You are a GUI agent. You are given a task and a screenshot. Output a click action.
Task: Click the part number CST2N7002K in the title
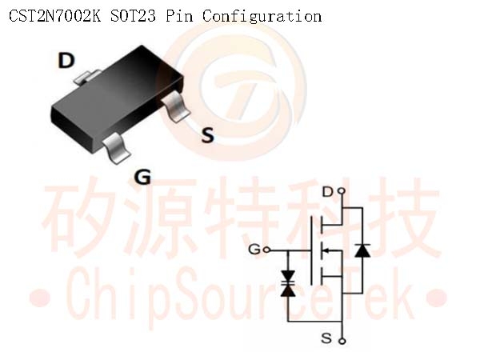[x=54, y=16]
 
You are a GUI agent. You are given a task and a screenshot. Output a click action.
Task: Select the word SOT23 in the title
[x=133, y=16]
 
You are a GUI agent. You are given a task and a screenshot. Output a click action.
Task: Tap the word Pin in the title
[x=180, y=16]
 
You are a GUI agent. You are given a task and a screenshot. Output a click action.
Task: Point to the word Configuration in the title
[x=262, y=17]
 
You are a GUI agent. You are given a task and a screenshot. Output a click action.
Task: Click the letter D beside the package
[x=66, y=60]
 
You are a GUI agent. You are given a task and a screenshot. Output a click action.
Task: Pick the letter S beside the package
[x=208, y=135]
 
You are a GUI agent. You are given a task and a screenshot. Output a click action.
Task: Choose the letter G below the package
[x=142, y=177]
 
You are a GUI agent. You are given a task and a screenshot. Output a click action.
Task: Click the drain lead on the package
[x=86, y=77]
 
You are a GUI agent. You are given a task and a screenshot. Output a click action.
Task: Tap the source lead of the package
[x=175, y=107]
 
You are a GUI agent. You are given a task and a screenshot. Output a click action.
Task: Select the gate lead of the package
[x=117, y=149]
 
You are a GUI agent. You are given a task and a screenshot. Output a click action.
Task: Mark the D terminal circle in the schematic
[x=342, y=192]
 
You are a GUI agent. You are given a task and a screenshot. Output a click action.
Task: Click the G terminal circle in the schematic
[x=266, y=250]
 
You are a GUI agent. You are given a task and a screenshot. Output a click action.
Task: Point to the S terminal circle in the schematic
[x=343, y=341]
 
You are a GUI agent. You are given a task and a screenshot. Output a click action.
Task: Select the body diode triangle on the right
[x=362, y=250]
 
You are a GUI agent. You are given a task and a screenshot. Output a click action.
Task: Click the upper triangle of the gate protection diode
[x=288, y=276]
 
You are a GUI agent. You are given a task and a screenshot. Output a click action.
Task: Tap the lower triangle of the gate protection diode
[x=288, y=290]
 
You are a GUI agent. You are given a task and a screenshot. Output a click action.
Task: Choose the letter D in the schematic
[x=328, y=192]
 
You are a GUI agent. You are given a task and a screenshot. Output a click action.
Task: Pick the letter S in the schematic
[x=326, y=338]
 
